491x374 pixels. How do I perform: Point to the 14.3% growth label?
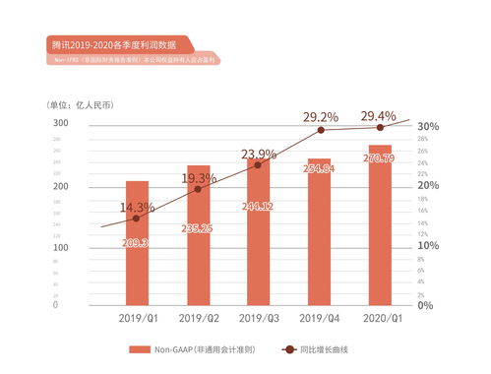[x=138, y=208]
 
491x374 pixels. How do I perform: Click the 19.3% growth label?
[x=199, y=178]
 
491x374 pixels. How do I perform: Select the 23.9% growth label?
[x=259, y=154]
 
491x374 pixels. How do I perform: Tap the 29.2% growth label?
[x=320, y=117]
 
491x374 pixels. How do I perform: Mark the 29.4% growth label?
[x=379, y=117]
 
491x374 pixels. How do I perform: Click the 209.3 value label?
[x=137, y=243]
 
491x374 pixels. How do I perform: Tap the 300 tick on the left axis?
[x=61, y=123]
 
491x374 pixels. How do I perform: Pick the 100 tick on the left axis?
[x=61, y=247]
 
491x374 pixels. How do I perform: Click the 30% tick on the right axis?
[x=427, y=127]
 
